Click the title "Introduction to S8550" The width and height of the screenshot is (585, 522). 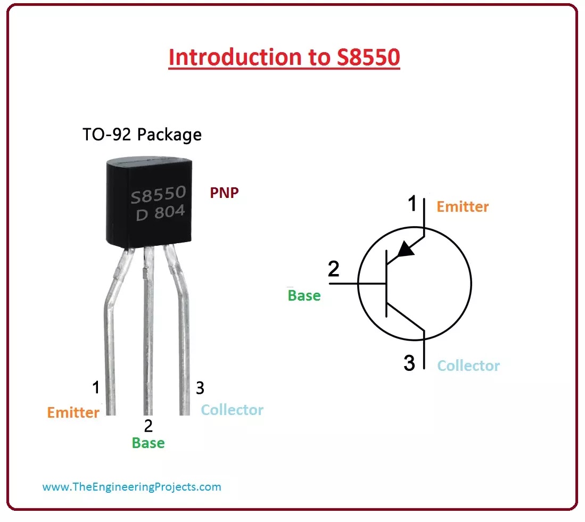coord(284,57)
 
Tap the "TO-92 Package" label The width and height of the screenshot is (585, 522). coord(142,135)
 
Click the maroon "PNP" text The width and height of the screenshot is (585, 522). coord(224,193)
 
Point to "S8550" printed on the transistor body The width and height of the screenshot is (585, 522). coord(158,195)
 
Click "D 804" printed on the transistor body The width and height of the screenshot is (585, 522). coord(160,213)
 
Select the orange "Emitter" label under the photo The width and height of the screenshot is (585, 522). coord(73,412)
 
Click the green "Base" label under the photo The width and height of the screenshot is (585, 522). coord(148,443)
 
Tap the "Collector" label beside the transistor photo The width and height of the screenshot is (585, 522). coord(232,410)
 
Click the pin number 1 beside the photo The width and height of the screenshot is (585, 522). coord(96,388)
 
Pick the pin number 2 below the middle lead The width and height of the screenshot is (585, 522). coord(148,426)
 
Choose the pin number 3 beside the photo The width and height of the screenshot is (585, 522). coord(200,388)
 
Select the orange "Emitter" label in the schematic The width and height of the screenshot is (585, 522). coord(463,206)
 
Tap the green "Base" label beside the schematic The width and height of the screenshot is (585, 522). coord(304,295)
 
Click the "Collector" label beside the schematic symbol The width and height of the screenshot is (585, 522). coord(468,366)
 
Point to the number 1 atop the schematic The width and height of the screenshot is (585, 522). coord(412,204)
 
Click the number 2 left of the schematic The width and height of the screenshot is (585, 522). coord(333,269)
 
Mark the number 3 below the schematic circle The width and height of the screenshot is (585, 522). coord(409,363)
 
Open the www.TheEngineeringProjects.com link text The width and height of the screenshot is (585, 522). coord(131,486)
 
